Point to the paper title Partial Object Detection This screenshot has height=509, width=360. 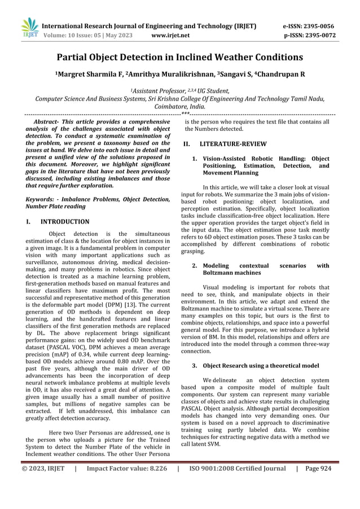click(x=179, y=57)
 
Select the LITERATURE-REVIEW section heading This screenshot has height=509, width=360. click(x=228, y=144)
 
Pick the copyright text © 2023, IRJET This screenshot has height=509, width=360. click(x=43, y=468)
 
